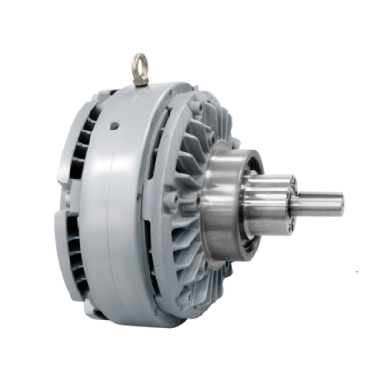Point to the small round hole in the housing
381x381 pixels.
click(114, 125)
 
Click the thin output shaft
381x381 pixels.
click(319, 202)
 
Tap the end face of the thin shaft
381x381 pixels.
click(340, 202)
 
